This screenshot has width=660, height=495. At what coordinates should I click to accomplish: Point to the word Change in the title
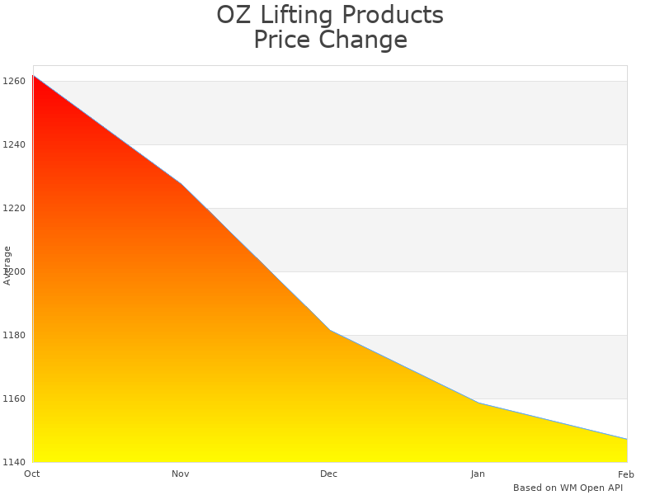point(365,40)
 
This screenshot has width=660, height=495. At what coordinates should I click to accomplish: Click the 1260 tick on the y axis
point(14,81)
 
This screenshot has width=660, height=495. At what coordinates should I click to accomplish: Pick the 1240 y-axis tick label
point(14,144)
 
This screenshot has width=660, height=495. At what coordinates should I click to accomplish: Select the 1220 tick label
point(14,208)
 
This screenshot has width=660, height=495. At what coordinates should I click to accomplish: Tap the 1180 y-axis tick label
point(14,335)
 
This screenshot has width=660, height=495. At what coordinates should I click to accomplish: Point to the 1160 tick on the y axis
point(14,398)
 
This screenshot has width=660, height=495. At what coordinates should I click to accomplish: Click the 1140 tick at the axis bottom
point(14,462)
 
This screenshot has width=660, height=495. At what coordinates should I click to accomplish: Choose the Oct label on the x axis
point(32,474)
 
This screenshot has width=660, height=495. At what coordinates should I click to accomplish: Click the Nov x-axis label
point(181,474)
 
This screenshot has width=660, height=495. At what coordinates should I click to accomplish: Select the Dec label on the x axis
point(329,474)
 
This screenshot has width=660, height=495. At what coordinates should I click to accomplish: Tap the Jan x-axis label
point(478,474)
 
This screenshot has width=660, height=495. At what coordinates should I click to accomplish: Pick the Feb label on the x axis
point(626,474)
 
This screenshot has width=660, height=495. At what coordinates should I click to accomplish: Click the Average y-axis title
point(7,266)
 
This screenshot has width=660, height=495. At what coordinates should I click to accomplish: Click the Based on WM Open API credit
point(568,488)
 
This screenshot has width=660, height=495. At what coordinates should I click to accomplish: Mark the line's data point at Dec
point(330,330)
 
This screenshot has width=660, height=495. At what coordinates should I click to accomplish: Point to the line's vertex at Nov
point(181,183)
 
